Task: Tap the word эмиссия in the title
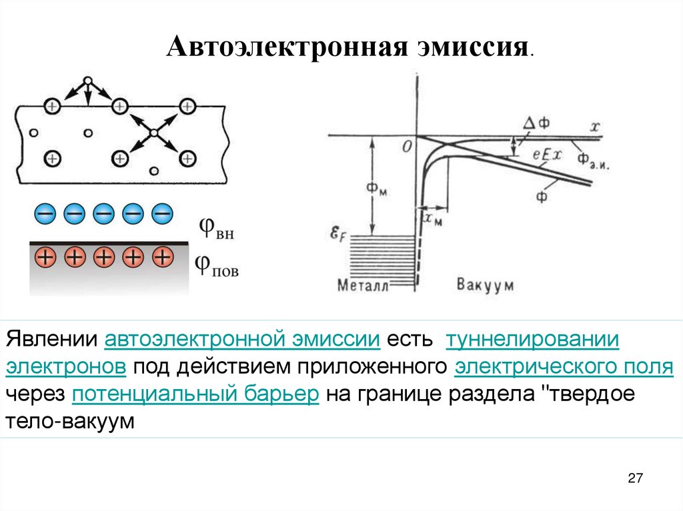pos(473,48)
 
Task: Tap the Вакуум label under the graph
pos(485,285)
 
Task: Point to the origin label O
pos(406,147)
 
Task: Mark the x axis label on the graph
pos(593,126)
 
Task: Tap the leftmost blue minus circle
pos(45,213)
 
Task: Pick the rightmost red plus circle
pos(162,256)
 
